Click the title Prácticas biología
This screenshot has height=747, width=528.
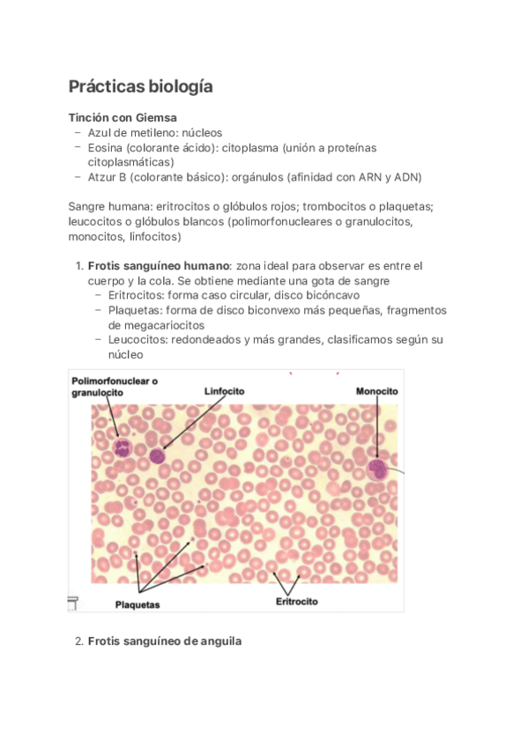(140, 87)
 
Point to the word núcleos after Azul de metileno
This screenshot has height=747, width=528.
(202, 132)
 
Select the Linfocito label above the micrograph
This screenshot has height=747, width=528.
(224, 390)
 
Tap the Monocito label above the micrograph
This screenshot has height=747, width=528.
(376, 390)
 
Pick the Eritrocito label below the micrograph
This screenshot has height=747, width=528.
(296, 602)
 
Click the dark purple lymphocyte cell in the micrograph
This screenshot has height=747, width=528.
(157, 455)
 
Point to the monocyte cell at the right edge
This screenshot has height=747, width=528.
(378, 469)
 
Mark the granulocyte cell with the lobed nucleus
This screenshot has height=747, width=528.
(122, 447)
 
